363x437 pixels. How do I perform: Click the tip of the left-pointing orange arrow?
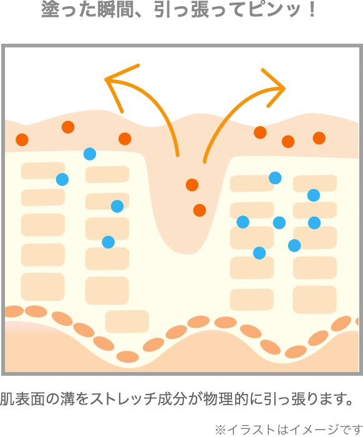105,79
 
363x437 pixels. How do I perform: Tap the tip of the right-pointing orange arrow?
285,89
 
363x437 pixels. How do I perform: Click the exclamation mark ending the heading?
312,10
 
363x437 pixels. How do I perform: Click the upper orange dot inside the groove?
192,185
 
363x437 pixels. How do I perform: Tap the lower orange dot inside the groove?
200,210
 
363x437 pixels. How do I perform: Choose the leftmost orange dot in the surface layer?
22,139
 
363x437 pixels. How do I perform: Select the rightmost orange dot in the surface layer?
319,138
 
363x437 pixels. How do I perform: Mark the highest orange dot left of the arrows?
68,127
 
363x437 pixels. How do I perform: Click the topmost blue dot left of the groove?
90,154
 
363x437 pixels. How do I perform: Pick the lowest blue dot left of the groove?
109,242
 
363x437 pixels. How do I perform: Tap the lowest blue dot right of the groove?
259,253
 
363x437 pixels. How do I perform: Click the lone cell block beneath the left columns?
127,322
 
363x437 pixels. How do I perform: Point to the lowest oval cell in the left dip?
127,356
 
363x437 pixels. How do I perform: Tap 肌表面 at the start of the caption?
22,399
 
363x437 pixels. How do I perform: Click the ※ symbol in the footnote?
220,430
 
